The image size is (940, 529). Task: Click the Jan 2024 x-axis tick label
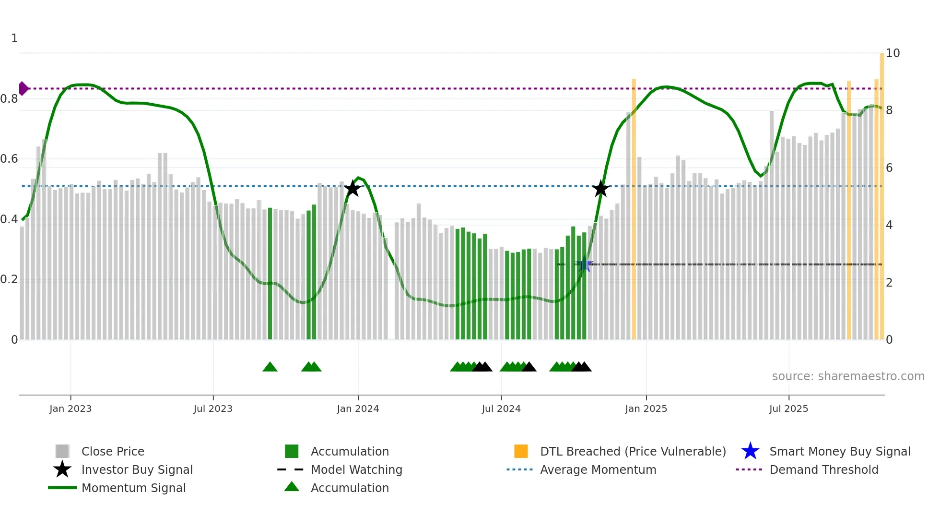coord(358,409)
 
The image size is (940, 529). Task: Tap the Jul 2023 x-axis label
coord(213,409)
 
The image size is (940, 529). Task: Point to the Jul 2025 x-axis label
coord(788,409)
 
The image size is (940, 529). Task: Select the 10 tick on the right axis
coord(893,53)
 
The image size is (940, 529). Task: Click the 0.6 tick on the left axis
coord(9,159)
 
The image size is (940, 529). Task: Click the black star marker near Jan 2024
coord(352,189)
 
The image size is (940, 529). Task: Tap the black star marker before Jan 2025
coord(600,189)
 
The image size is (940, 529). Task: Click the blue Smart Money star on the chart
coord(584,264)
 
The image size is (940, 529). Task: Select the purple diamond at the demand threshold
coord(23,89)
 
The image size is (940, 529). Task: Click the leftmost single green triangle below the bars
coord(270,367)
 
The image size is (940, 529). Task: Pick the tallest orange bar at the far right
coord(881,192)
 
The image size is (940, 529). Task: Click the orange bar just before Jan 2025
coord(634,206)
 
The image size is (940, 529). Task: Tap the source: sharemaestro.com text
coord(848,376)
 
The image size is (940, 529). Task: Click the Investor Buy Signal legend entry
coord(137,469)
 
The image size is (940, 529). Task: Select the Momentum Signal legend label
coord(133,488)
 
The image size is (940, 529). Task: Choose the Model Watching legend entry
coord(356,469)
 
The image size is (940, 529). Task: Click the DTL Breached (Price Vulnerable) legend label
coord(633,451)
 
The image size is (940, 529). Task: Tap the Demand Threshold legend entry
coord(823,469)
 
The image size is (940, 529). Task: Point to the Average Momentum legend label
coord(598,469)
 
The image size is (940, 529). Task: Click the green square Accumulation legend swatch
coord(292,451)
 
